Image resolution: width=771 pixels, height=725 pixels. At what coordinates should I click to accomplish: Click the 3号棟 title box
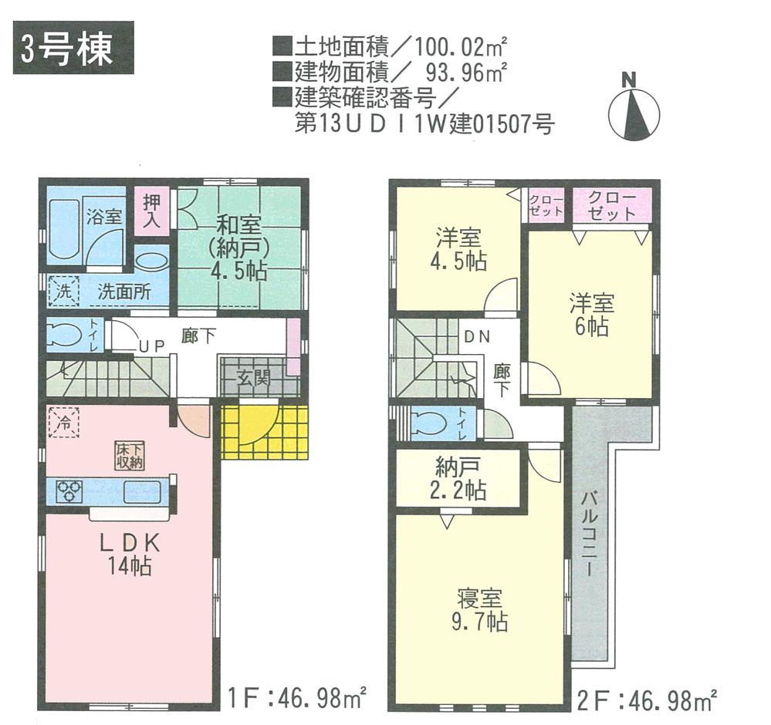click(x=73, y=51)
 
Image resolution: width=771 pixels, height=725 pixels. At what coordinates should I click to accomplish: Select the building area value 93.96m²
click(x=466, y=73)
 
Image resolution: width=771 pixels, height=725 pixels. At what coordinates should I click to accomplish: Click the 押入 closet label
click(x=150, y=210)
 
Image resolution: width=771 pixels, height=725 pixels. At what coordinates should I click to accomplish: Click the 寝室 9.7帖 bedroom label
click(x=480, y=609)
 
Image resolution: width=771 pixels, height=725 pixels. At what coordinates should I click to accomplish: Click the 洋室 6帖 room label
click(x=590, y=313)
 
